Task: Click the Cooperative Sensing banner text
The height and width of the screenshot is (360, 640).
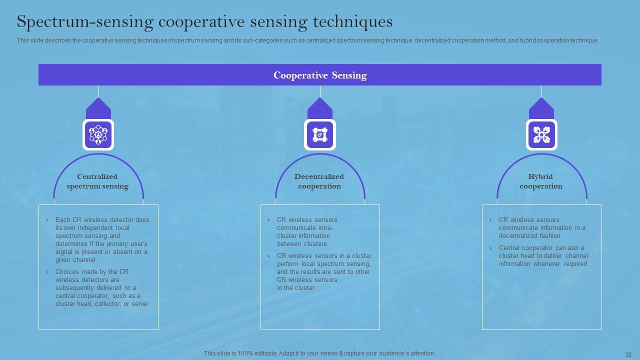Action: pyautogui.click(x=320, y=75)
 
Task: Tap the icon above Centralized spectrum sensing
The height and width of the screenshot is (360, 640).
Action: pyautogui.click(x=98, y=134)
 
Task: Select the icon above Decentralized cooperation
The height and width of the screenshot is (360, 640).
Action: pyautogui.click(x=320, y=134)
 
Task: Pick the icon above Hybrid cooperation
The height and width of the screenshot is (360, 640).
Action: pyautogui.click(x=541, y=134)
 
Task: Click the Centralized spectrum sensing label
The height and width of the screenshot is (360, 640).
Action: pyautogui.click(x=97, y=181)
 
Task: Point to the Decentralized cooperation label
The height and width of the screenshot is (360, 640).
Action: pyautogui.click(x=319, y=181)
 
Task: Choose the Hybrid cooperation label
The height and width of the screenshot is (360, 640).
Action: pyautogui.click(x=541, y=181)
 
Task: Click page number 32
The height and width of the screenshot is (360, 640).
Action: pyautogui.click(x=628, y=354)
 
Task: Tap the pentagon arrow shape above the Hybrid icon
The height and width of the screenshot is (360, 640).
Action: pyautogui.click(x=541, y=108)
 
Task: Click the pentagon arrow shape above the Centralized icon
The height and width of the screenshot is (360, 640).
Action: pyautogui.click(x=98, y=108)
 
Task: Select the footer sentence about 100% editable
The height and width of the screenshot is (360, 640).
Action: pyautogui.click(x=319, y=353)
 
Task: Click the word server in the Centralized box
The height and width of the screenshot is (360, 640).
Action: pyautogui.click(x=140, y=303)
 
